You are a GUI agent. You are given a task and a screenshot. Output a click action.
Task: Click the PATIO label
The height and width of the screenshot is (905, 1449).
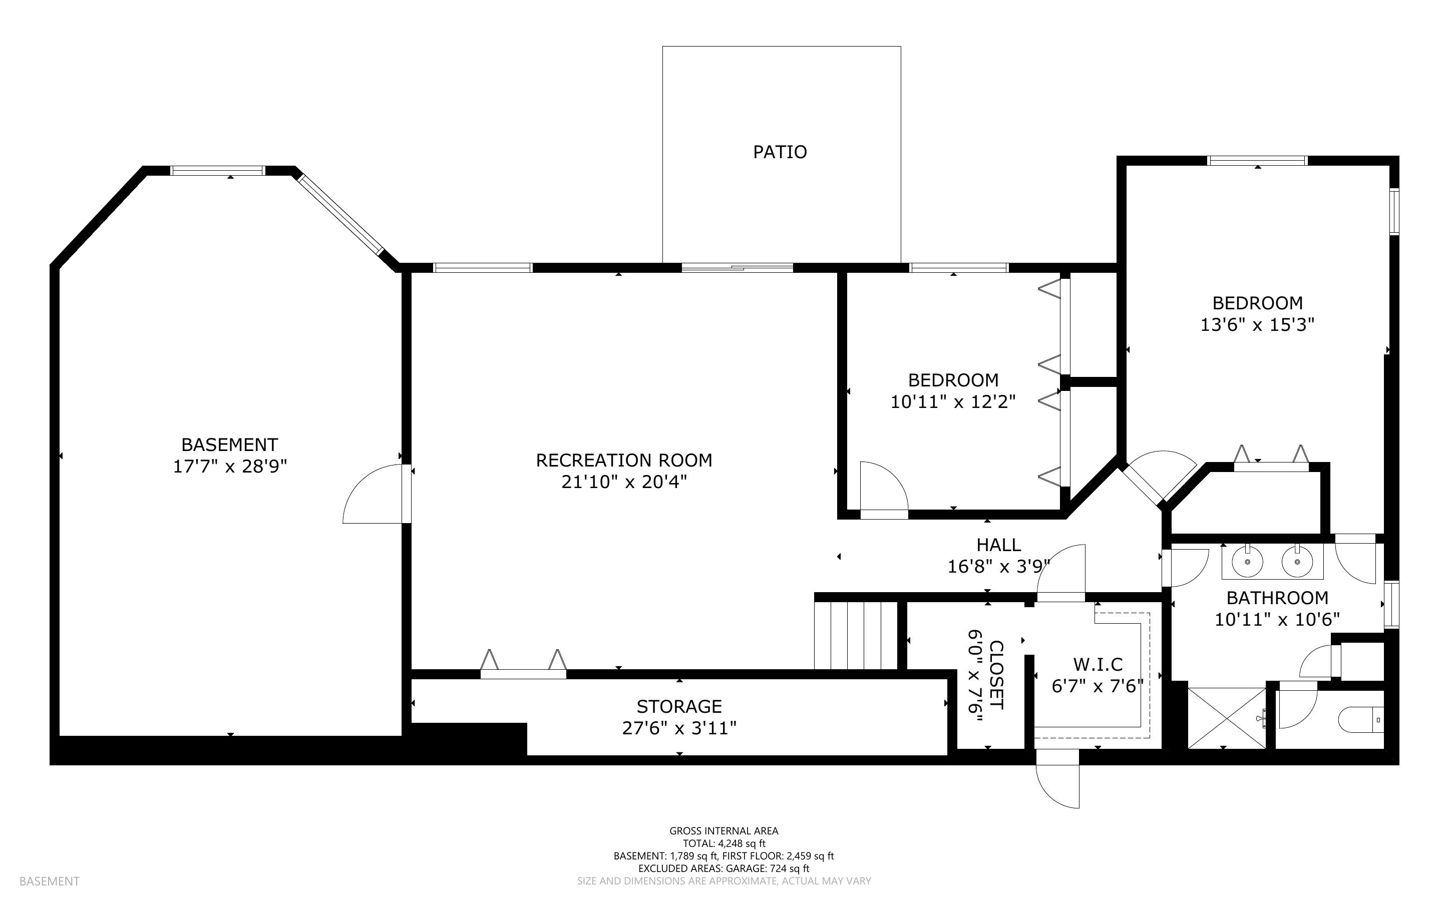(x=780, y=152)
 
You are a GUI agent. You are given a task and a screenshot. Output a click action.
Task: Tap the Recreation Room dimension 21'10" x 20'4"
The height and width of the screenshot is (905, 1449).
(x=624, y=482)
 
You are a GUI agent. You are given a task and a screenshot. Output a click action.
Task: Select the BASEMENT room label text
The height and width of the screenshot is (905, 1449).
(x=230, y=444)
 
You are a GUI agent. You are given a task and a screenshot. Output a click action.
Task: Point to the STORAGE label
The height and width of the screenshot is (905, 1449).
(x=679, y=707)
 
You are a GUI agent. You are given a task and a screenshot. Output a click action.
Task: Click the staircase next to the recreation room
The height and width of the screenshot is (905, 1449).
(x=856, y=635)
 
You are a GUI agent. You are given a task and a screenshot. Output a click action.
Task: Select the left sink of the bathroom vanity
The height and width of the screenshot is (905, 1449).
(x=1247, y=562)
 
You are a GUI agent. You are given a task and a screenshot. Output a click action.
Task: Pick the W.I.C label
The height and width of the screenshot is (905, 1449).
(x=1098, y=664)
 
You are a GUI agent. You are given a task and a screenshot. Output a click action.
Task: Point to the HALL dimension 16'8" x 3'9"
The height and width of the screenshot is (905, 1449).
(x=999, y=566)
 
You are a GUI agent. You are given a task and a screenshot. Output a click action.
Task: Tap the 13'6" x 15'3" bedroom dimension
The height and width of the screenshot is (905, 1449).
(x=1257, y=324)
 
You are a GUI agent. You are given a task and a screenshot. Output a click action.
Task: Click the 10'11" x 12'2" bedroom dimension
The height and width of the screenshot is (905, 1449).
(x=953, y=401)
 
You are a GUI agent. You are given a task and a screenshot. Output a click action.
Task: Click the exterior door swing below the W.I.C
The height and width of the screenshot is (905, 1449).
(x=1057, y=786)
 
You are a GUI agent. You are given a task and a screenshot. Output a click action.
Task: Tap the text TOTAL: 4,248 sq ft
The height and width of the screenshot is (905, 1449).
(x=724, y=843)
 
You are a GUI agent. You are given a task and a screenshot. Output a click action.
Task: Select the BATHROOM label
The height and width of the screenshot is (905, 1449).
(x=1277, y=598)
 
